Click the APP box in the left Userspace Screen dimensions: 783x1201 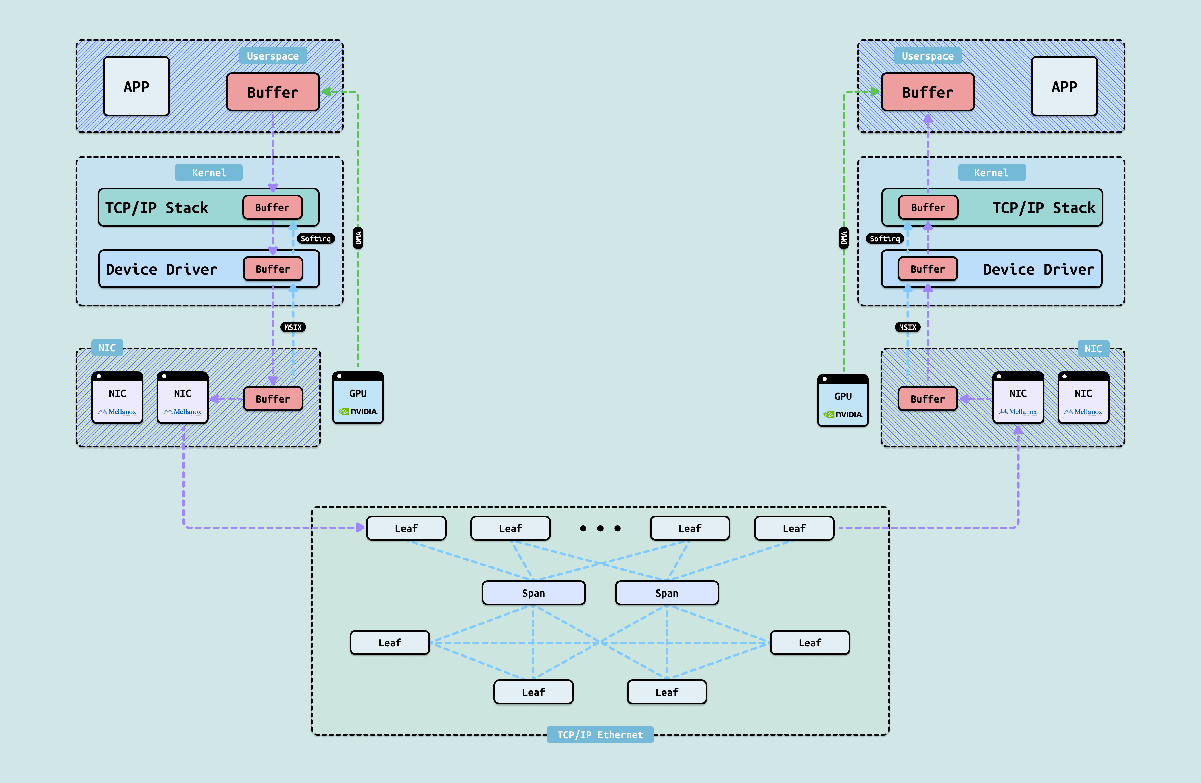pyautogui.click(x=136, y=86)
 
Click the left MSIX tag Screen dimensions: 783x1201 pyautogui.click(x=293, y=327)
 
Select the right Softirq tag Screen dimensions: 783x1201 pyautogui.click(x=885, y=238)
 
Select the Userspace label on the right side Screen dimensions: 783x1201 pyautogui.click(x=927, y=56)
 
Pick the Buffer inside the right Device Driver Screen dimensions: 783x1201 pyautogui.click(x=927, y=269)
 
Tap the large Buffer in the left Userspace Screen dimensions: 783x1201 pyautogui.click(x=272, y=92)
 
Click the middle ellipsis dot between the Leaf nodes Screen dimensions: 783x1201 pyautogui.click(x=600, y=529)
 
